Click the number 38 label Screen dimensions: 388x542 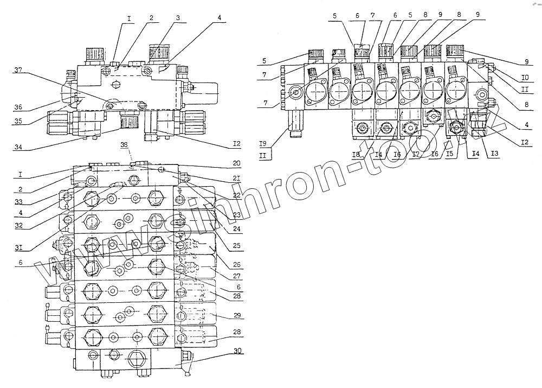tap(124, 145)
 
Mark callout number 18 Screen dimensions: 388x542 tap(356, 155)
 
